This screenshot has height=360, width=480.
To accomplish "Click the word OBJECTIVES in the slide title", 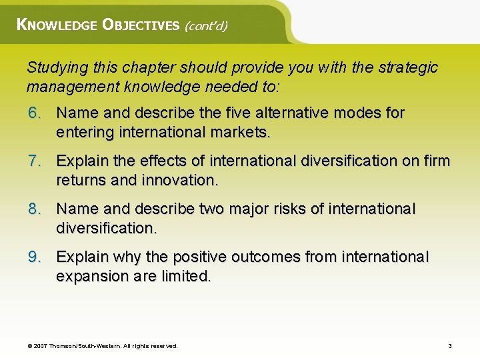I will pos(141,25).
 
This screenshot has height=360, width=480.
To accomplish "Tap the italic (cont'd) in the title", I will pos(206,26).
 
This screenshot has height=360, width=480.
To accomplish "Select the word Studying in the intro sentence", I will pos(55,67).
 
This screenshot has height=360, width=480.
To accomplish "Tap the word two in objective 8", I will pos(213,209).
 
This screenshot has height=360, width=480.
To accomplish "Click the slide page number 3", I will pos(450,346).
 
